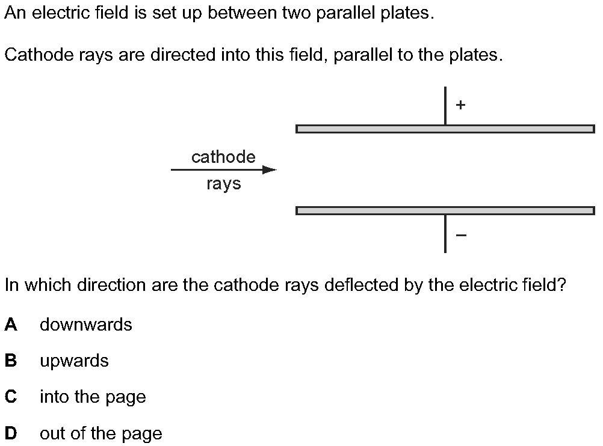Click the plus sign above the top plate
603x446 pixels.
460,105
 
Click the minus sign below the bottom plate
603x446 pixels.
461,234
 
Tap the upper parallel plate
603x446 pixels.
445,129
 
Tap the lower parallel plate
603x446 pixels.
445,210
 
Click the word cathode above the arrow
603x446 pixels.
223,157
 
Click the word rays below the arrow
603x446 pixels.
223,183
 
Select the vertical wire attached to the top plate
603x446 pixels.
445,106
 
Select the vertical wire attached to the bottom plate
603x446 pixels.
445,234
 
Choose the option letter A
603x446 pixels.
11,325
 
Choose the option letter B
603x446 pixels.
11,360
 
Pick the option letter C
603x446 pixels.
11,397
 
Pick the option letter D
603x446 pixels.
11,433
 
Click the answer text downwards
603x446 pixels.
86,325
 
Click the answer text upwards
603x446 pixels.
74,361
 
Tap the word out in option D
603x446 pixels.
53,433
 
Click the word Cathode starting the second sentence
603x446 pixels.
39,55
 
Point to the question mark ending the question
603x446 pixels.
561,285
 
